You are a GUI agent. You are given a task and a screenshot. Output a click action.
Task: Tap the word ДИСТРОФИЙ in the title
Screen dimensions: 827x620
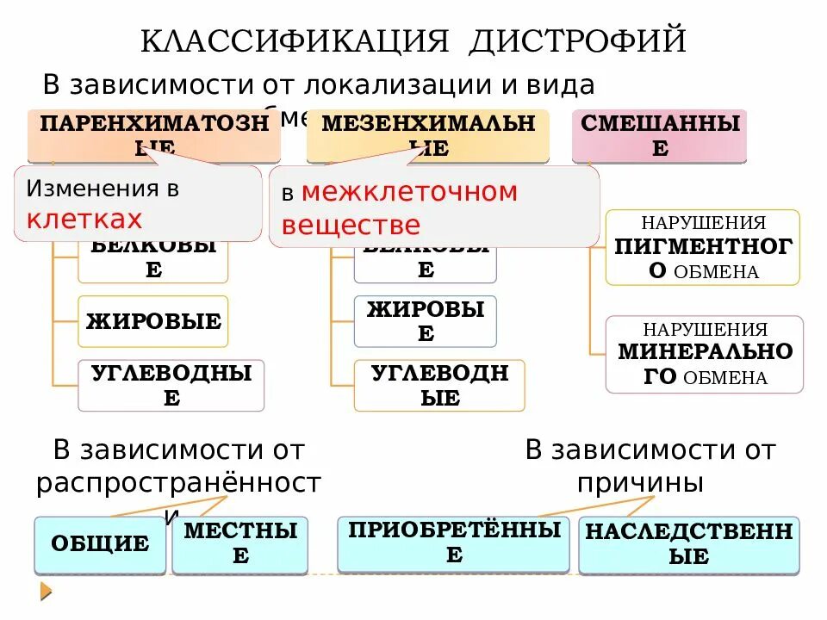578,40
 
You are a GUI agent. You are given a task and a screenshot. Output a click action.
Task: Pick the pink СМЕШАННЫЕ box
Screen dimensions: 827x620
659,135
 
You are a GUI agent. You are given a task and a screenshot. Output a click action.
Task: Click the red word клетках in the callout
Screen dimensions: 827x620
84,220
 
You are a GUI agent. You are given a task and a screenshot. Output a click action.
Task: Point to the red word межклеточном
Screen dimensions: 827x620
409,192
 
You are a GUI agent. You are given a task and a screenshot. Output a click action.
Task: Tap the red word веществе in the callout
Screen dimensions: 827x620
351,225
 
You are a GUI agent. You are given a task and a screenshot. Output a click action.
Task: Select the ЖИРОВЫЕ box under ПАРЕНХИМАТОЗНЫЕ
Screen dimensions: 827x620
153,322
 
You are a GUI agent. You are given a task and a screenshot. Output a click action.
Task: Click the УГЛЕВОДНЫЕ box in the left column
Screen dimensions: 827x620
171,385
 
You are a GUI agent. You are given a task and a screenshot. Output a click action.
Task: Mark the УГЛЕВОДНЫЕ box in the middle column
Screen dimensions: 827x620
439,385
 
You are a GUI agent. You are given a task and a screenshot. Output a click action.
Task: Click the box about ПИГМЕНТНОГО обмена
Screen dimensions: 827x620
702,248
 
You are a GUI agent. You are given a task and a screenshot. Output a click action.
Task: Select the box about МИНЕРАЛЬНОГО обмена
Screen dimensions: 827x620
704,354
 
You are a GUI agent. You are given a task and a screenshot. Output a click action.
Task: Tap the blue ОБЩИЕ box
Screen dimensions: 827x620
100,544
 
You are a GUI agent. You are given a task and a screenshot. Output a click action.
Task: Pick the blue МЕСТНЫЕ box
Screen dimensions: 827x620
239,544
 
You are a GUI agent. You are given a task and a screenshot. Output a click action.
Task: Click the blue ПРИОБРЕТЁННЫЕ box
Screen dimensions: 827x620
453,543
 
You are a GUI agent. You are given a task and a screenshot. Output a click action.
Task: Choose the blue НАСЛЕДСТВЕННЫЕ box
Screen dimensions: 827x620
688,544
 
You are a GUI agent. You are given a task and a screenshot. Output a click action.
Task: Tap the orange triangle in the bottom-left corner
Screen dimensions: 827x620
46,592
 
